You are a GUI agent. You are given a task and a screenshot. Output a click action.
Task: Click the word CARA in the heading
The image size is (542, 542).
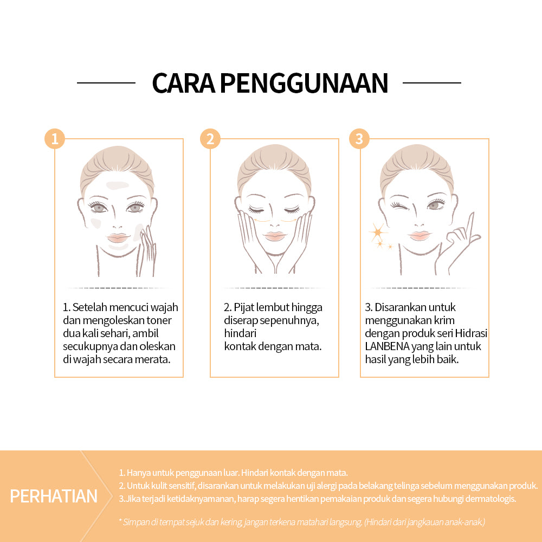(184, 83)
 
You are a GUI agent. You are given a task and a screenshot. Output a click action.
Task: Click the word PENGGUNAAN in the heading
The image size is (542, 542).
(304, 83)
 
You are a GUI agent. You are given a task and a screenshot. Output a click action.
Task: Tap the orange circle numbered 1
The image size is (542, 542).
(55, 139)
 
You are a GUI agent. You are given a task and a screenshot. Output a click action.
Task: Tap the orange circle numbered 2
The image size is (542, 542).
(210, 139)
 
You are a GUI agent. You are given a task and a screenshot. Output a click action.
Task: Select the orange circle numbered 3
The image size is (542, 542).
(359, 139)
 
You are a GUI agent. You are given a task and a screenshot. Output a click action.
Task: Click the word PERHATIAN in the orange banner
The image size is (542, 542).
(54, 496)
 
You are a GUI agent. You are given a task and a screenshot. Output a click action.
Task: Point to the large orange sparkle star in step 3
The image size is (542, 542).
(377, 232)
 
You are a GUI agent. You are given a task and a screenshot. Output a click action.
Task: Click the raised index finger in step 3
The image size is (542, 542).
(470, 225)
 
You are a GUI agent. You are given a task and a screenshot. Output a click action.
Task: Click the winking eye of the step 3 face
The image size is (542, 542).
(398, 206)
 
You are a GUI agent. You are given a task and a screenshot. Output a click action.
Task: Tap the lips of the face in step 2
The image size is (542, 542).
(274, 236)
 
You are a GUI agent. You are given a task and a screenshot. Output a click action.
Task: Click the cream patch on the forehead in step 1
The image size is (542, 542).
(118, 185)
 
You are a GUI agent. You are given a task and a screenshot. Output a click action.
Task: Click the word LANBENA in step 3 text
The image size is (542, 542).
(387, 346)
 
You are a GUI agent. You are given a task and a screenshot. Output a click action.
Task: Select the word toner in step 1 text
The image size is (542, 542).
(159, 320)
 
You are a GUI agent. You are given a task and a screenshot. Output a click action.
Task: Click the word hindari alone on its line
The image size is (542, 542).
(240, 333)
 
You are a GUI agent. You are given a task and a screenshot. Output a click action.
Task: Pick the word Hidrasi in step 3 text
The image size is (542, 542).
(471, 333)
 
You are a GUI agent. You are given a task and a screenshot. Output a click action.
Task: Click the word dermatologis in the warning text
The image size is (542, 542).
(491, 499)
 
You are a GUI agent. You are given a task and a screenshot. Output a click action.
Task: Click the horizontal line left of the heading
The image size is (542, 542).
(106, 83)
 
